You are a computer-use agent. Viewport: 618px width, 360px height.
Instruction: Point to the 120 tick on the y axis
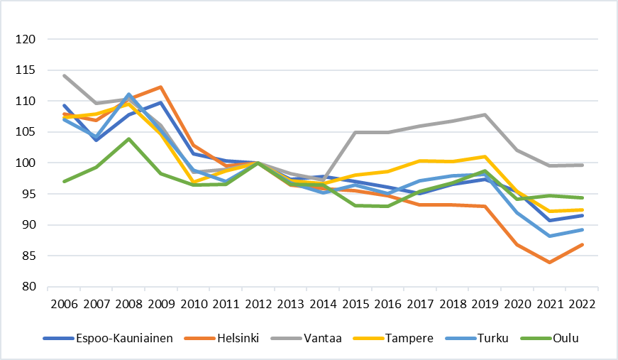(26, 40)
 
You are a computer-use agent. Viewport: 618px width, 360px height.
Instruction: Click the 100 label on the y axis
(26, 163)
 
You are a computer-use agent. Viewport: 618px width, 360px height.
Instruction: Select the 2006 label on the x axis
(63, 303)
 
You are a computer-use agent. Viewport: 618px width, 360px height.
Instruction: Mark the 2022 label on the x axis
(581, 303)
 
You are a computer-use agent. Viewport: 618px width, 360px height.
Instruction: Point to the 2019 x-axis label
(484, 303)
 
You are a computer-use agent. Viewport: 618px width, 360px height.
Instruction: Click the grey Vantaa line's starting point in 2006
(64, 75)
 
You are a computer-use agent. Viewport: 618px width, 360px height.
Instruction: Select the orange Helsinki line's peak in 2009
(160, 87)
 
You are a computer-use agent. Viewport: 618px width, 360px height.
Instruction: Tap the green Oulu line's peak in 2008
(128, 139)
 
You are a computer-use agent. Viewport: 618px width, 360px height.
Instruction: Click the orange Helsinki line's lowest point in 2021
(548, 263)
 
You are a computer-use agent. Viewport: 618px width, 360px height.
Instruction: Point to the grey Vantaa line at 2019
(484, 115)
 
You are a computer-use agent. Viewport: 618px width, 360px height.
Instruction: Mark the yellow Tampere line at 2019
(484, 157)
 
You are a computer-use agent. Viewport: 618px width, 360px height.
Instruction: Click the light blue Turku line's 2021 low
(548, 236)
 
